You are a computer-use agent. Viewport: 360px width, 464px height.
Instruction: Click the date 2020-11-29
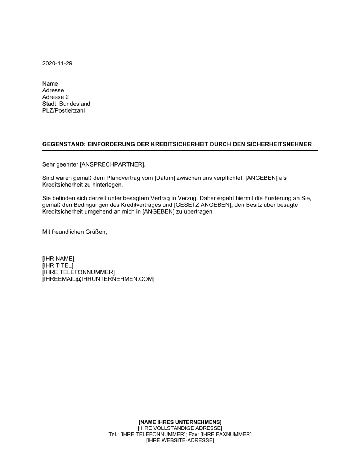tap(57, 63)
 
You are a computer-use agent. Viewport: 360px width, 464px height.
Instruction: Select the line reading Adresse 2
tap(55, 97)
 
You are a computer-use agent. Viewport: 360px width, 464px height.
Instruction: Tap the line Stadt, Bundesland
tap(66, 104)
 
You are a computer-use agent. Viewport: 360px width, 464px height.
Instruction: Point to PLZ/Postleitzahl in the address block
tap(64, 110)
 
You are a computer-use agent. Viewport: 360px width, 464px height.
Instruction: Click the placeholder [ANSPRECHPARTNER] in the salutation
tap(112, 165)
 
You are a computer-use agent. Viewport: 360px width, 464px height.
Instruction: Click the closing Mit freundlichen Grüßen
tap(75, 232)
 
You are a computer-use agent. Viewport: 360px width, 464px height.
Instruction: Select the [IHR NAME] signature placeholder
tap(58, 259)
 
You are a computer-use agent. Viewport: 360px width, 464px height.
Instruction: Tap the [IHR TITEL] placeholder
tap(58, 265)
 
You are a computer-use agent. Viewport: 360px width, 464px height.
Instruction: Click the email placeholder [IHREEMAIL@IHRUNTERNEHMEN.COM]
tap(98, 279)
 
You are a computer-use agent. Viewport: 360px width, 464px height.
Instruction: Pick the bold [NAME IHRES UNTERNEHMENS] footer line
tap(180, 422)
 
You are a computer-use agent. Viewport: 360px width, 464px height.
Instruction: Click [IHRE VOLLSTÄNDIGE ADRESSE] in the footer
tap(180, 428)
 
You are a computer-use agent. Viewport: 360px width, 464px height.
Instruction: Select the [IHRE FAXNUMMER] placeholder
tap(226, 435)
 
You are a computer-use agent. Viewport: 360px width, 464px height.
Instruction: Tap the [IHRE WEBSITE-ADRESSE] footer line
tap(180, 441)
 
